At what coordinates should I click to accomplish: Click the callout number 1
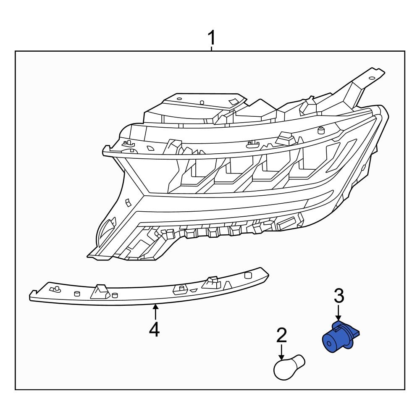[x=212, y=38]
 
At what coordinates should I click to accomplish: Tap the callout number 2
[x=281, y=335]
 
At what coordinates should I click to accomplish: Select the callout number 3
[x=339, y=296]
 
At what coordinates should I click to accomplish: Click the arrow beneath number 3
[x=339, y=312]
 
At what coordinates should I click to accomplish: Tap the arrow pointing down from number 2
[x=281, y=352]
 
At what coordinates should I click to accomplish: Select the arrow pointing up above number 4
[x=155, y=312]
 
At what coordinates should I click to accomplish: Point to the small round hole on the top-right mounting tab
[x=372, y=78]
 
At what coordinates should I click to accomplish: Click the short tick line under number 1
[x=212, y=49]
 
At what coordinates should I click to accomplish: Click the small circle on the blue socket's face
[x=329, y=343]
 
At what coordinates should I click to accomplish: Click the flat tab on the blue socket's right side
[x=354, y=333]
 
